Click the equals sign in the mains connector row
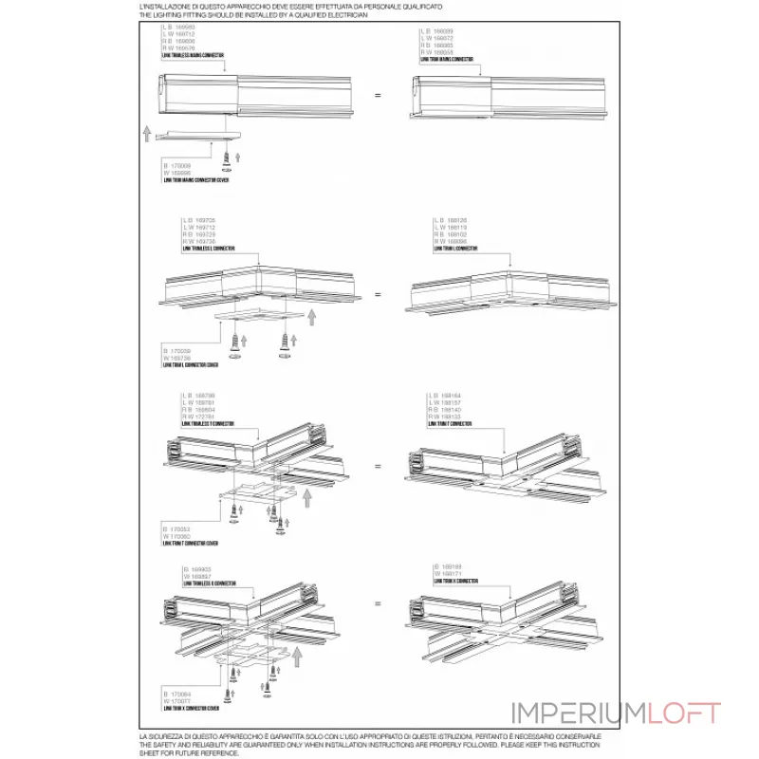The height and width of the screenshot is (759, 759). point(378,95)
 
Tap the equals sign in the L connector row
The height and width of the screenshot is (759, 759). point(378,295)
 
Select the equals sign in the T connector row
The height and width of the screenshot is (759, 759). point(378,467)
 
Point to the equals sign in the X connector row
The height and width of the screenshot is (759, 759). point(378,603)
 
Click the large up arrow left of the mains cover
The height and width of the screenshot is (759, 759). point(146,131)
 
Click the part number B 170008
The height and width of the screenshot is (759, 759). point(178,165)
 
